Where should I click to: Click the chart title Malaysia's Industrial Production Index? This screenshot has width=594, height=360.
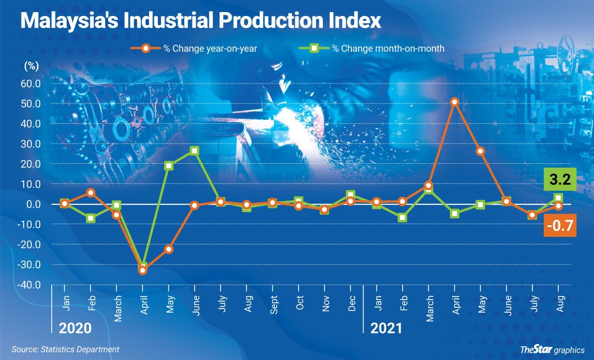pyautogui.click(x=201, y=21)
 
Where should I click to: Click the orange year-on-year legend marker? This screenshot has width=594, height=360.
pyautogui.click(x=146, y=48)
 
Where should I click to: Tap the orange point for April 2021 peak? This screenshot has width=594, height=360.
pyautogui.click(x=455, y=102)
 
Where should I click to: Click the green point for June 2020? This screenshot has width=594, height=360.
pyautogui.click(x=195, y=151)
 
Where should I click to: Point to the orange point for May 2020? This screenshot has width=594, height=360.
pyautogui.click(x=169, y=249)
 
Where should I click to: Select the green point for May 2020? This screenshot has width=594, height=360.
pyautogui.click(x=169, y=165)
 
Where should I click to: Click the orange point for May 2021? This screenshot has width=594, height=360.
pyautogui.click(x=481, y=151)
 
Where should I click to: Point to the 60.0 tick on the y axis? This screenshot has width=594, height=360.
pyautogui.click(x=30, y=84)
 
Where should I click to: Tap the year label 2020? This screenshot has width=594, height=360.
pyautogui.click(x=75, y=329)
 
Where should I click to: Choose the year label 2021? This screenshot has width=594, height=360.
pyautogui.click(x=386, y=329)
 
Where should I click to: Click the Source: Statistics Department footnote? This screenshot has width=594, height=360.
pyautogui.click(x=65, y=350)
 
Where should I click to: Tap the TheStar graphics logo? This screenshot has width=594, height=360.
pyautogui.click(x=552, y=350)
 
